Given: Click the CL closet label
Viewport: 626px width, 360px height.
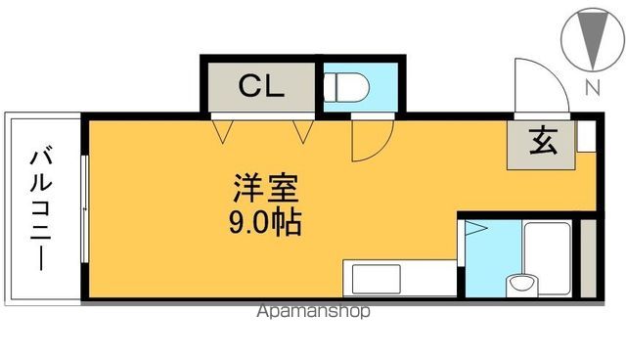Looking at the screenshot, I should [x=261, y=85].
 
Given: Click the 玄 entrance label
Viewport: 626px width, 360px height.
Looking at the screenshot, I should [x=543, y=143].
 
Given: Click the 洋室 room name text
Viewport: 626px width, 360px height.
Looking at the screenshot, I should [x=265, y=186].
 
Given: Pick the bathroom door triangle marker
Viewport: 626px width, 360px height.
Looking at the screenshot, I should [x=474, y=231].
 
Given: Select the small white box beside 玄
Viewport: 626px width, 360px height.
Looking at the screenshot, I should [x=585, y=136].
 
